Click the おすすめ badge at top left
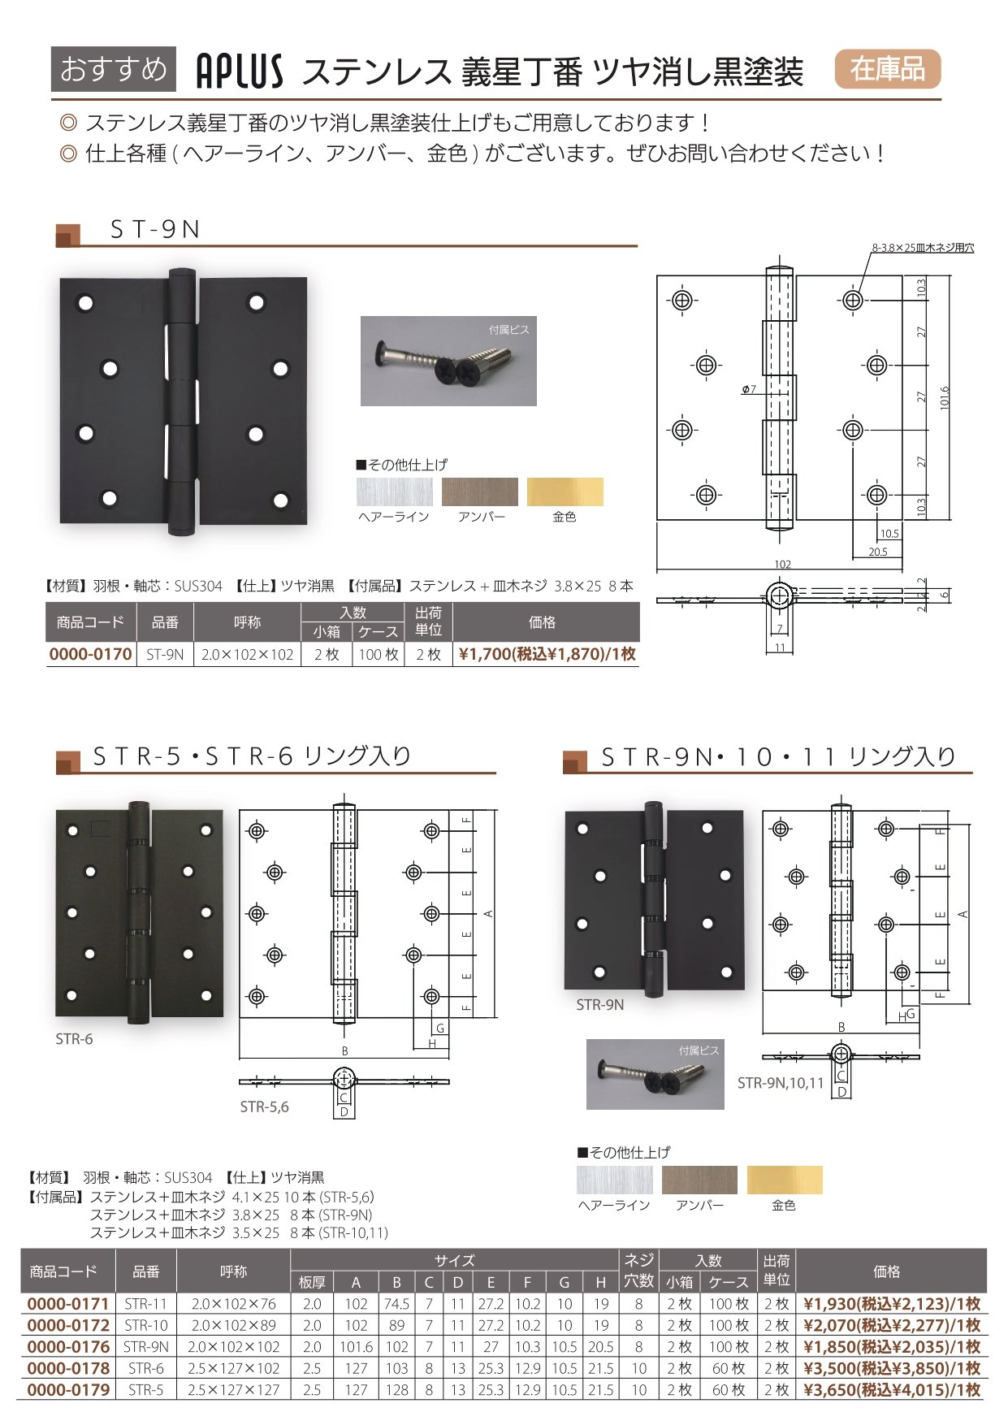pyautogui.click(x=113, y=69)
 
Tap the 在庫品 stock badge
pyautogui.click(x=887, y=69)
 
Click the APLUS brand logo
pyautogui.click(x=240, y=71)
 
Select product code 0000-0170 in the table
pyautogui.click(x=91, y=655)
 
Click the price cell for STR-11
pyautogui.click(x=892, y=1304)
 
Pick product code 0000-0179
pyautogui.click(x=68, y=1390)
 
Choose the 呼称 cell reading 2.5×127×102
pyautogui.click(x=233, y=1369)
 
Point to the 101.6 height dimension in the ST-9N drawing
pyautogui.click(x=945, y=398)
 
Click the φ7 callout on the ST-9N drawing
pyautogui.click(x=749, y=390)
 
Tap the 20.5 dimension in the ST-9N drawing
pyautogui.click(x=878, y=552)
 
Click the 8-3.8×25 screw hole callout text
pyautogui.click(x=923, y=248)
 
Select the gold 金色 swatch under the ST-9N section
pyautogui.click(x=565, y=492)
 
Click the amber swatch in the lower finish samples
pyautogui.click(x=699, y=1180)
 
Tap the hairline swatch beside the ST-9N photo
pyautogui.click(x=394, y=492)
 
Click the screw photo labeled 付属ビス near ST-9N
pyautogui.click(x=448, y=361)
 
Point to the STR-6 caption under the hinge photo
pyautogui.click(x=74, y=1039)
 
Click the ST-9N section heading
pyautogui.click(x=155, y=230)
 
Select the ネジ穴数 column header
pyautogui.click(x=638, y=1271)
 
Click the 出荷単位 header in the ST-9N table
pyautogui.click(x=428, y=622)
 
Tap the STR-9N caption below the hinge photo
pyautogui.click(x=600, y=1005)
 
